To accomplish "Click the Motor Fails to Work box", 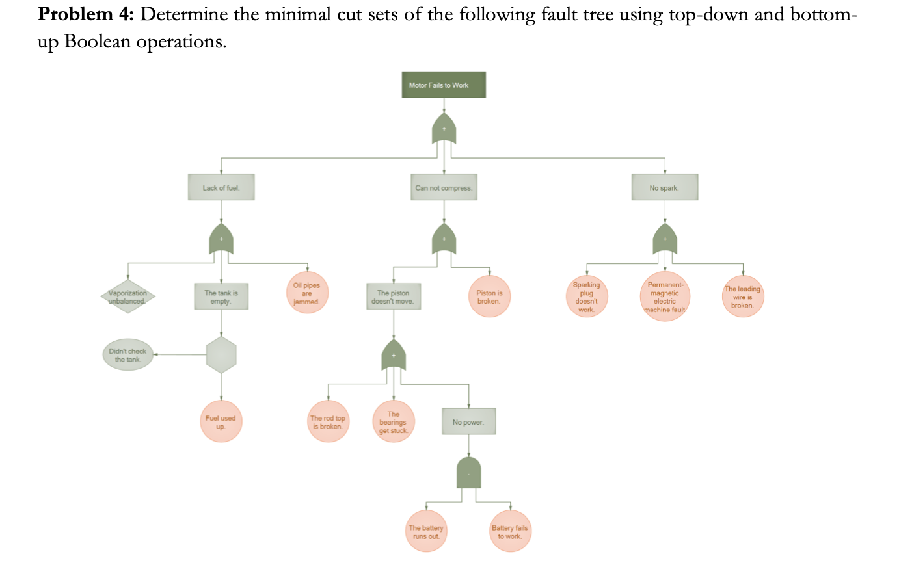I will [x=444, y=85].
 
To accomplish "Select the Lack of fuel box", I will [x=221, y=187].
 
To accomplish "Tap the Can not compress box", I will [x=444, y=187].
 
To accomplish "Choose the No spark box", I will [x=664, y=187].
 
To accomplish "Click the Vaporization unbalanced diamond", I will [x=127, y=297].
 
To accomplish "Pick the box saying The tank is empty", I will [x=221, y=297].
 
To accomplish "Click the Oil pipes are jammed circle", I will [x=307, y=293].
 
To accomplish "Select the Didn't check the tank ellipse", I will [x=127, y=355].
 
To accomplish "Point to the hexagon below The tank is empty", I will [x=221, y=355].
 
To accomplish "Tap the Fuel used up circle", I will [x=221, y=422].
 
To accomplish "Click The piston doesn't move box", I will [x=392, y=297].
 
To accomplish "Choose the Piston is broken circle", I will [x=489, y=297].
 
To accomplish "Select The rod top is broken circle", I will [x=328, y=422].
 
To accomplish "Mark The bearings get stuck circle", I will [x=394, y=422].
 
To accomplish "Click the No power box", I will [x=468, y=421].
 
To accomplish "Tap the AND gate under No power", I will [x=468, y=473].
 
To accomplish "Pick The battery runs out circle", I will [x=426, y=532].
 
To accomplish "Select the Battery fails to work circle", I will [x=510, y=532].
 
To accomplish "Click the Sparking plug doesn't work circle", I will [x=587, y=297].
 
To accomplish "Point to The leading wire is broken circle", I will [x=742, y=297].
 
